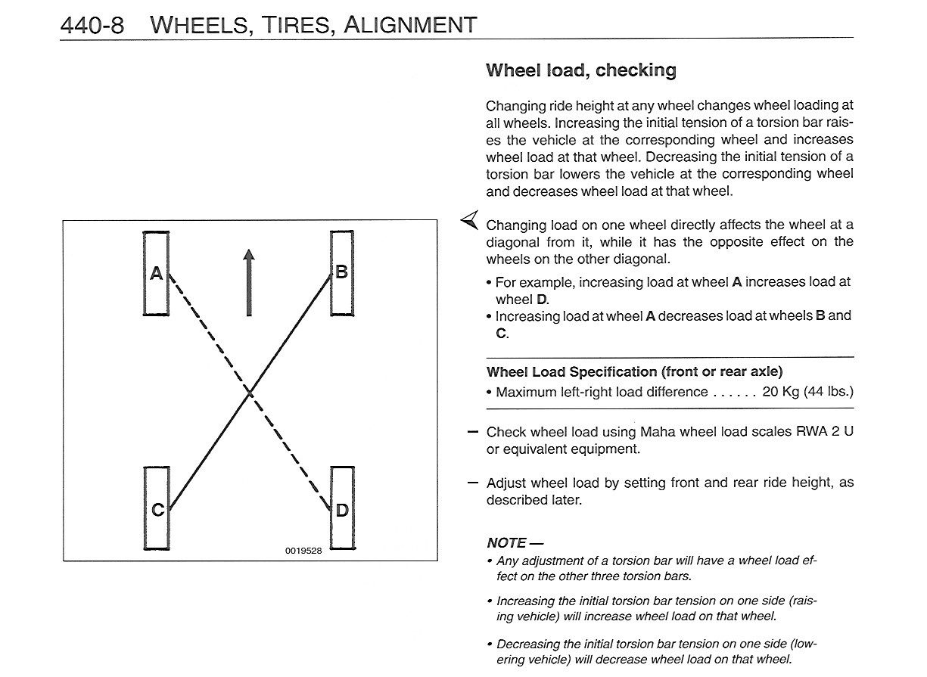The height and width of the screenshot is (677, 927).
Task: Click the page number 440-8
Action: (92, 25)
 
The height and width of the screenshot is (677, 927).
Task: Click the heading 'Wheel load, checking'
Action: (581, 70)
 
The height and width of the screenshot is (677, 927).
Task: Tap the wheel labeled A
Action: (156, 273)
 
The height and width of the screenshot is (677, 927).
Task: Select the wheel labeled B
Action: (342, 273)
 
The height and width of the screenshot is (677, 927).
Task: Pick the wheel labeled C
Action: (157, 508)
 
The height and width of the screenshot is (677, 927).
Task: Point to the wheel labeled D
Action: (342, 508)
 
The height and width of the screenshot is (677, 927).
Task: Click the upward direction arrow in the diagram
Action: (249, 282)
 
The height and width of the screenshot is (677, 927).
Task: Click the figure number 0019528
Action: (303, 551)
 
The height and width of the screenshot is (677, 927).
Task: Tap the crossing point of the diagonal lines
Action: (250, 393)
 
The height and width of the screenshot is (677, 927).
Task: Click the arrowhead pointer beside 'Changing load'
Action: (470, 219)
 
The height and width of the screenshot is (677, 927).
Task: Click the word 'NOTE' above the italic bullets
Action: (506, 543)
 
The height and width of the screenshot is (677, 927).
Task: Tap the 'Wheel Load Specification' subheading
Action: (634, 372)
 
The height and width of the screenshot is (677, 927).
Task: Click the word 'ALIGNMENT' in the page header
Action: (410, 25)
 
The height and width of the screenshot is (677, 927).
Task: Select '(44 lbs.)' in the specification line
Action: (829, 391)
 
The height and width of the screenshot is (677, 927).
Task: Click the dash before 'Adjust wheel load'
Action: (473, 483)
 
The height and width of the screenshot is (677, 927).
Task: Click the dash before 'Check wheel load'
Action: (473, 432)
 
